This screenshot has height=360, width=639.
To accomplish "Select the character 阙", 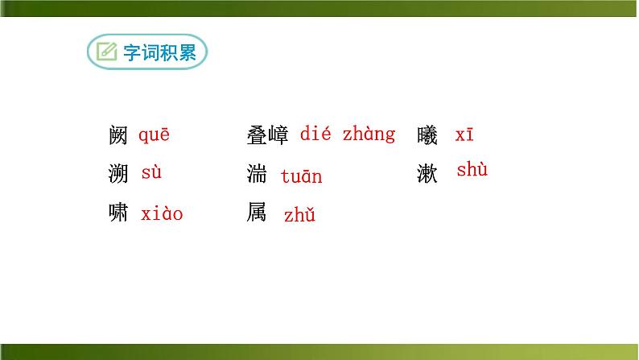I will pos(117,136).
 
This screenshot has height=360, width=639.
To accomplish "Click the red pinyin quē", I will pos(155,135).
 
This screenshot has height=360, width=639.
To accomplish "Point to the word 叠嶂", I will pos(267,136).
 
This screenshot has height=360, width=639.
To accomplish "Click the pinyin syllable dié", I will pos(315,134).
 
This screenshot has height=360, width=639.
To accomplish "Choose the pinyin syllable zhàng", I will pos(369,134).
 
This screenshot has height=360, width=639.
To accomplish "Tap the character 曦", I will pos(428,136).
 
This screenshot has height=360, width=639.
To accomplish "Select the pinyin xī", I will pos(464,135).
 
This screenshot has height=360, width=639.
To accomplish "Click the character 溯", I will pos(117,174).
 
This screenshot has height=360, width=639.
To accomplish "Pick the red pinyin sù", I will pos(151,172).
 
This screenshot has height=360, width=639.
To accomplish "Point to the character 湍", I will pos(258,174).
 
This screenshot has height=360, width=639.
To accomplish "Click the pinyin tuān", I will pos(301,176).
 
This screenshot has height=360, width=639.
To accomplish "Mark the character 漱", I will pos(428,174).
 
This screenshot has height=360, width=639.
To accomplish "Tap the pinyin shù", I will pos(472,170).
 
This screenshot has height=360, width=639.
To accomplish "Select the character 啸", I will pos(117,213).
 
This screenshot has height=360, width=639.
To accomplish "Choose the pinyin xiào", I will pos(162,214).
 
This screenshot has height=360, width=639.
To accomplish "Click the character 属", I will pos(258,213).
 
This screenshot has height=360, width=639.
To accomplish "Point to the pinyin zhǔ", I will pos(299,215).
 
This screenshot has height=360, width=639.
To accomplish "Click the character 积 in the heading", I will pos(170,53).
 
